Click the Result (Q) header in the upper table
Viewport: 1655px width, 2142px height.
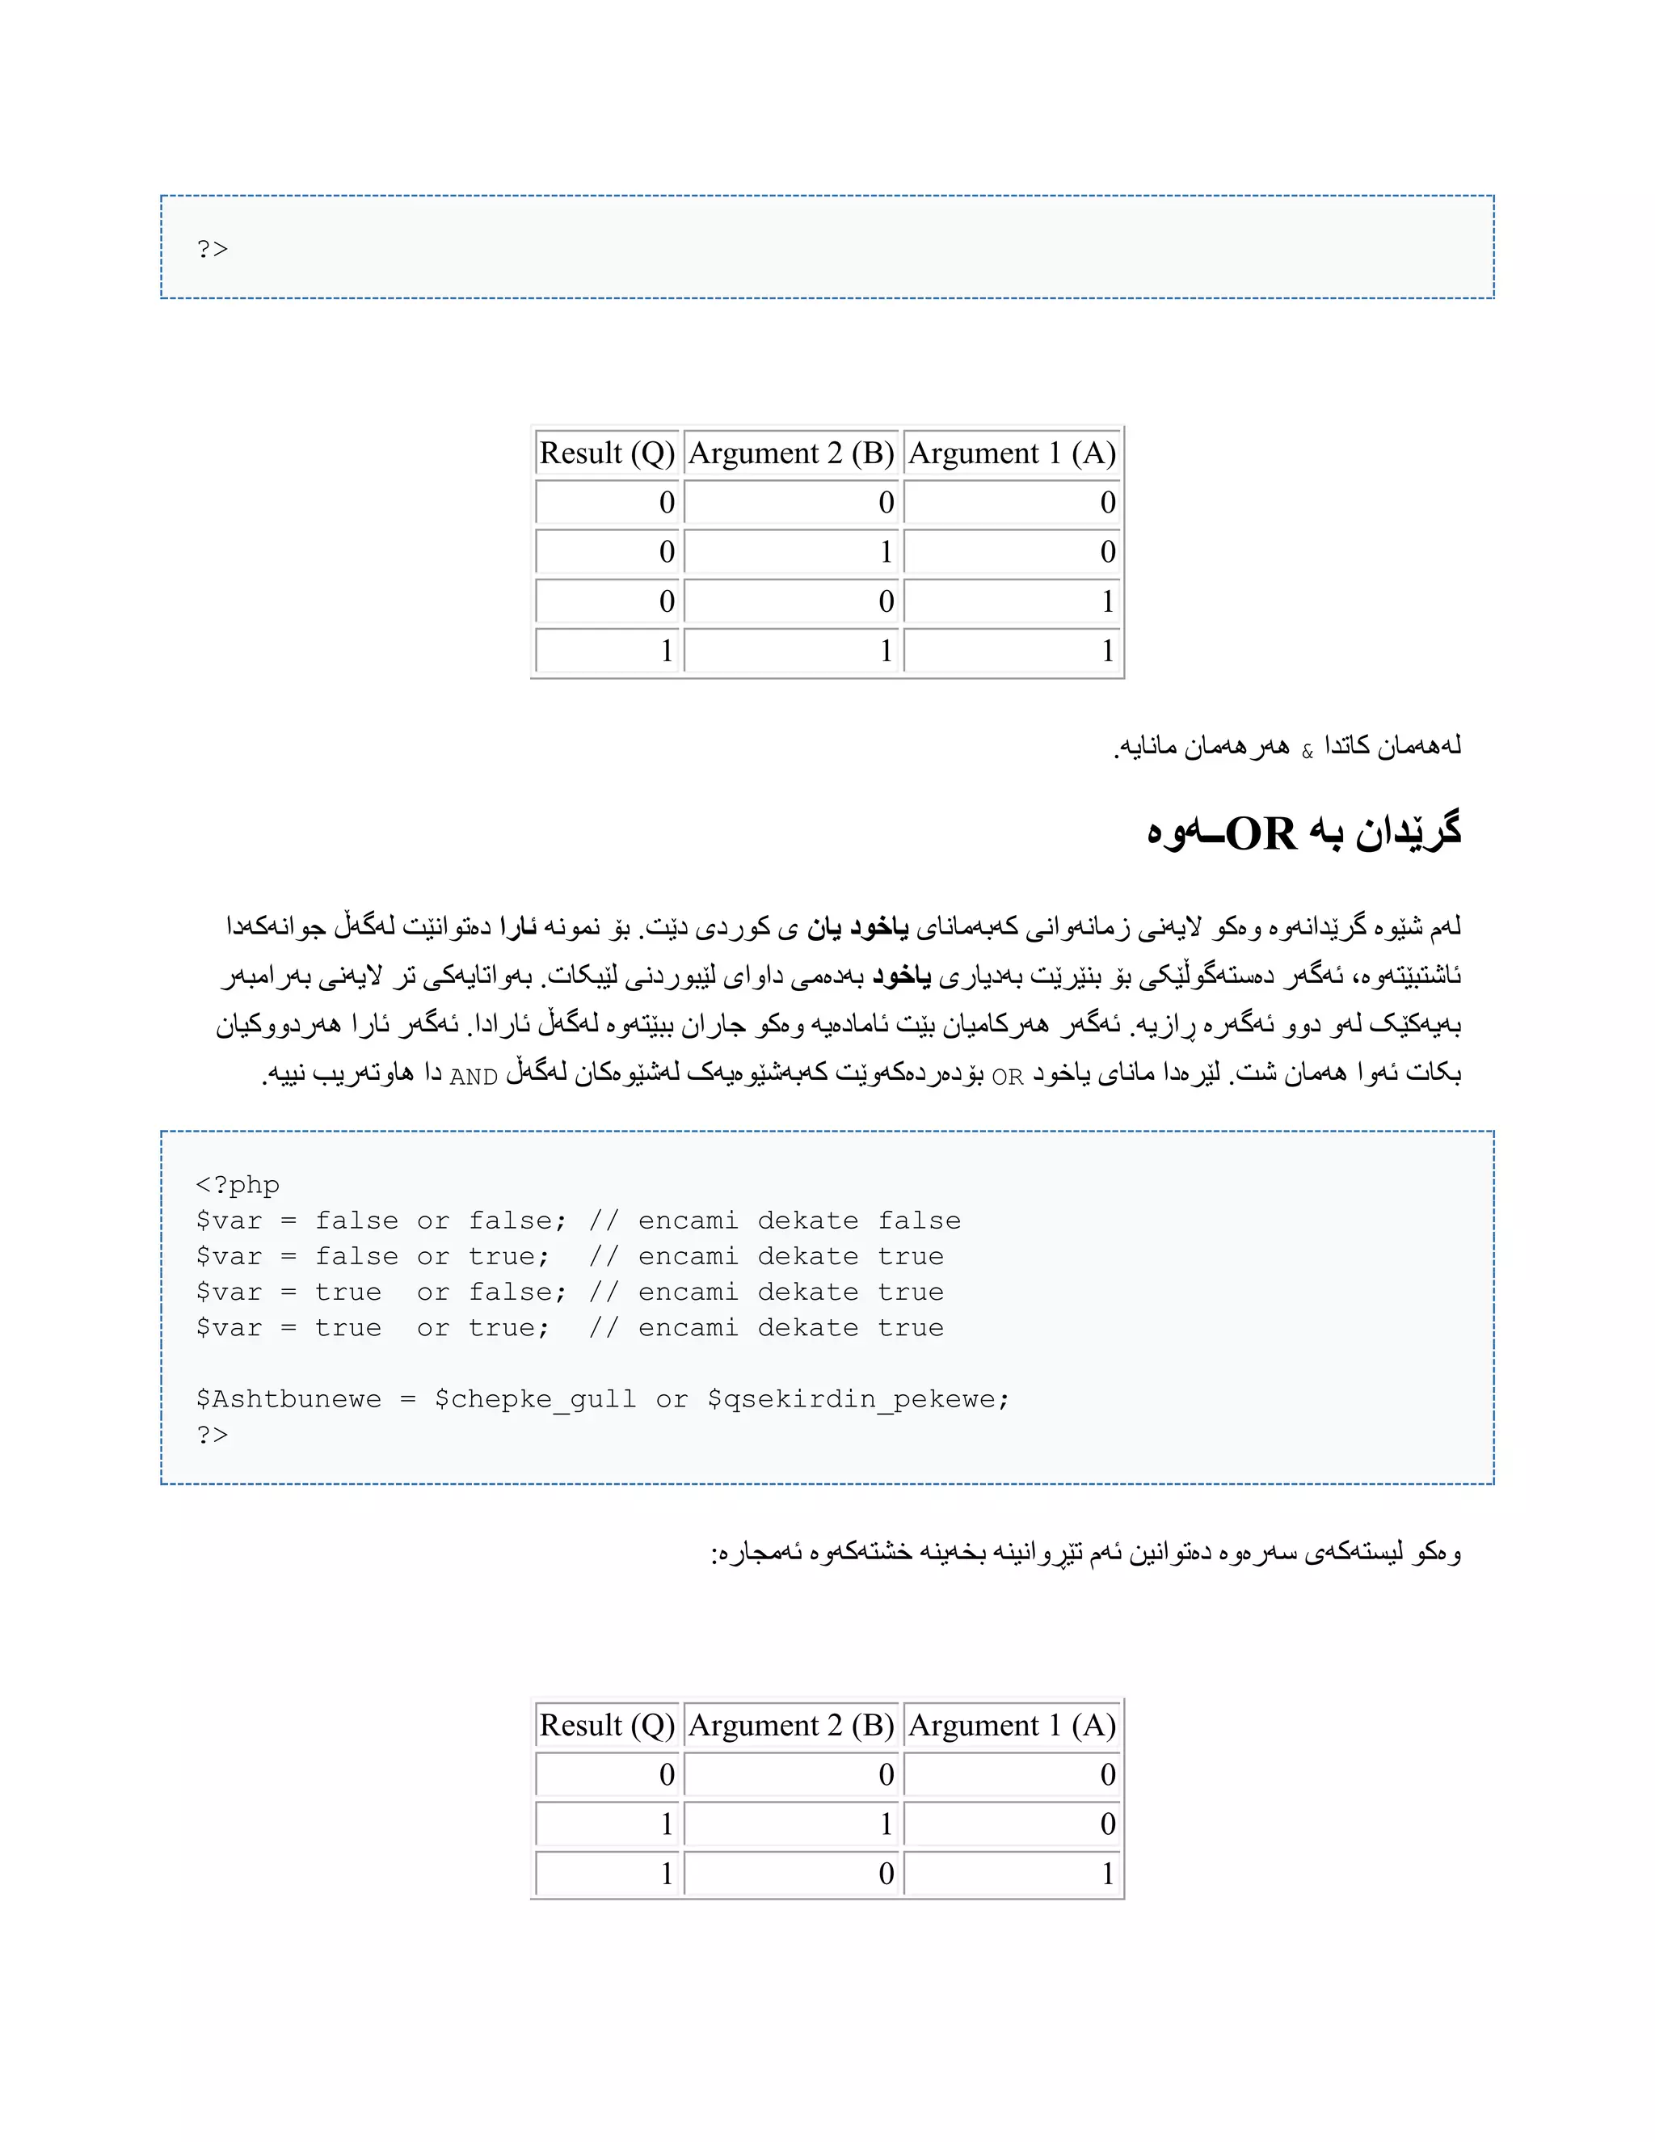[607, 453]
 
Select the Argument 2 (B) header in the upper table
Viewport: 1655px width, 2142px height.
[791, 453]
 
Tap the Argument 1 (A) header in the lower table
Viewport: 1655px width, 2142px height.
[1012, 1725]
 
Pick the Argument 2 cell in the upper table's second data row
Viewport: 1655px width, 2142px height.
[791, 551]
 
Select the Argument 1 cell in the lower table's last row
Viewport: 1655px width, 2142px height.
[1012, 1874]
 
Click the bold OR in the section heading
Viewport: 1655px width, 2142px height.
[1261, 833]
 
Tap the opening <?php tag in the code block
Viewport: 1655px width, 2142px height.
[238, 1185]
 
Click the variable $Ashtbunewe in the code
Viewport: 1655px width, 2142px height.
[288, 1398]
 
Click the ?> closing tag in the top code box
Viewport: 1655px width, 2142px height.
[212, 249]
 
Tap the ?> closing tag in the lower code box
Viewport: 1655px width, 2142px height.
[212, 1434]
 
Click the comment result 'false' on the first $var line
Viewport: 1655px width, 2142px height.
[919, 1220]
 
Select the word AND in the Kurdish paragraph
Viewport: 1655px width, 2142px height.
[474, 1077]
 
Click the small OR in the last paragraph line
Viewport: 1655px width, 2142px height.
[1007, 1077]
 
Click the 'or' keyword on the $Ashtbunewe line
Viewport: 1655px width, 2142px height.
[672, 1398]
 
